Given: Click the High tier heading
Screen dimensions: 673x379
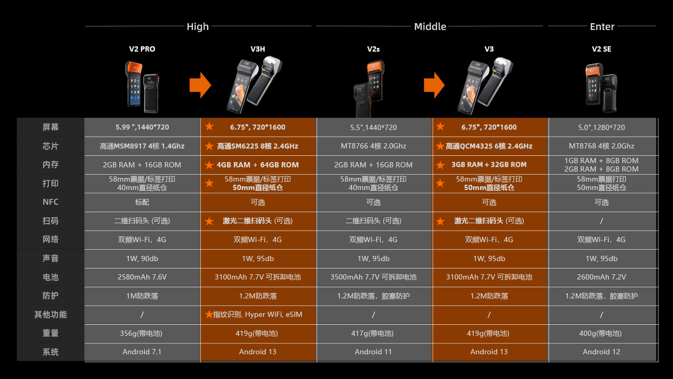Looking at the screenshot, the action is (198, 27).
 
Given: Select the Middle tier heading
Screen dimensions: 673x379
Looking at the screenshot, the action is (430, 27).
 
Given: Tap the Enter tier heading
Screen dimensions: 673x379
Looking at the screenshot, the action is (602, 27).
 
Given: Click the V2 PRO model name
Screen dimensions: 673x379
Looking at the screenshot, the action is (142, 49).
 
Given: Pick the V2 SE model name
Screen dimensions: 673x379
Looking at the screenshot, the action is (601, 49).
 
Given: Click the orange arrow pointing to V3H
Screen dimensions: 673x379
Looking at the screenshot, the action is (200, 85).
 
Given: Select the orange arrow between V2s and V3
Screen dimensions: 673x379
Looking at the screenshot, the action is (434, 85).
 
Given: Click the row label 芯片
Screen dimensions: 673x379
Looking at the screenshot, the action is (50, 146).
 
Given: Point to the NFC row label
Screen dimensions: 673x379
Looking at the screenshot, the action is (50, 202).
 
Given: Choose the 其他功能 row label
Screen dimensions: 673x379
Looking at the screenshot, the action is (50, 314).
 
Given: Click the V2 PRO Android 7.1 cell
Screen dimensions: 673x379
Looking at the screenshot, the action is (142, 352).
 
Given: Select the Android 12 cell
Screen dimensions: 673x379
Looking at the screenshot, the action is (601, 352).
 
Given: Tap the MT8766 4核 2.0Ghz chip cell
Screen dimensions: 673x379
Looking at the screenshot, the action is (373, 146).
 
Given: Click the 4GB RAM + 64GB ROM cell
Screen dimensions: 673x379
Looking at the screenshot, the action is (258, 165).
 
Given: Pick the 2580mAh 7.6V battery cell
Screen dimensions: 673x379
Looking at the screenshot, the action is (142, 277).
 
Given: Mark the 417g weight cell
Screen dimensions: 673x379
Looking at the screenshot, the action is (373, 333).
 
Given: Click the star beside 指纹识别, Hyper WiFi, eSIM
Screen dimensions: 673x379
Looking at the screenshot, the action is (209, 314).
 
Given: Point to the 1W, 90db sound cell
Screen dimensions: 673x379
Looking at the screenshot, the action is (142, 258).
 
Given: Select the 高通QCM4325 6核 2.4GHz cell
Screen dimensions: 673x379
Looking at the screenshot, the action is (489, 146).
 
